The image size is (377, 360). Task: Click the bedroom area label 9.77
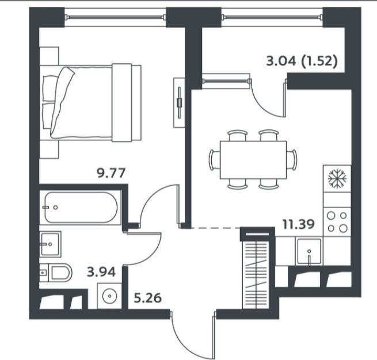[111, 173]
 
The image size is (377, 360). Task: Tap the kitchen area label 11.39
[298, 224]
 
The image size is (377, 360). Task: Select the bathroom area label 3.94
[101, 272]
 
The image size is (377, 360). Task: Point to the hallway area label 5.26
[147, 298]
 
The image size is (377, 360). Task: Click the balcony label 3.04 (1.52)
[302, 61]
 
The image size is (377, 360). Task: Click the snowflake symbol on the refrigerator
[337, 178]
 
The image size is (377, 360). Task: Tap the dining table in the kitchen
[253, 160]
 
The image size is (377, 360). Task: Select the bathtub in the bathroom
[81, 207]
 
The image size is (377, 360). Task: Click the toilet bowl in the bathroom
[60, 273]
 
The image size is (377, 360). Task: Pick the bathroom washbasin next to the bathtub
[50, 244]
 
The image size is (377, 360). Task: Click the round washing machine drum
[109, 296]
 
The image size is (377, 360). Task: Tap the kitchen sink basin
[309, 251]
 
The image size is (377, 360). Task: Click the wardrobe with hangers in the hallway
[257, 270]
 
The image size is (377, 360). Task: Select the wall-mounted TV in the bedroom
[179, 102]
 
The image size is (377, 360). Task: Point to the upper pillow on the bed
[51, 88]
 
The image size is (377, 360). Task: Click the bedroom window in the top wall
[116, 17]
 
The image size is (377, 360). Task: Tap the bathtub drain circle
[55, 207]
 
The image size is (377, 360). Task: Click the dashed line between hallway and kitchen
[216, 228]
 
